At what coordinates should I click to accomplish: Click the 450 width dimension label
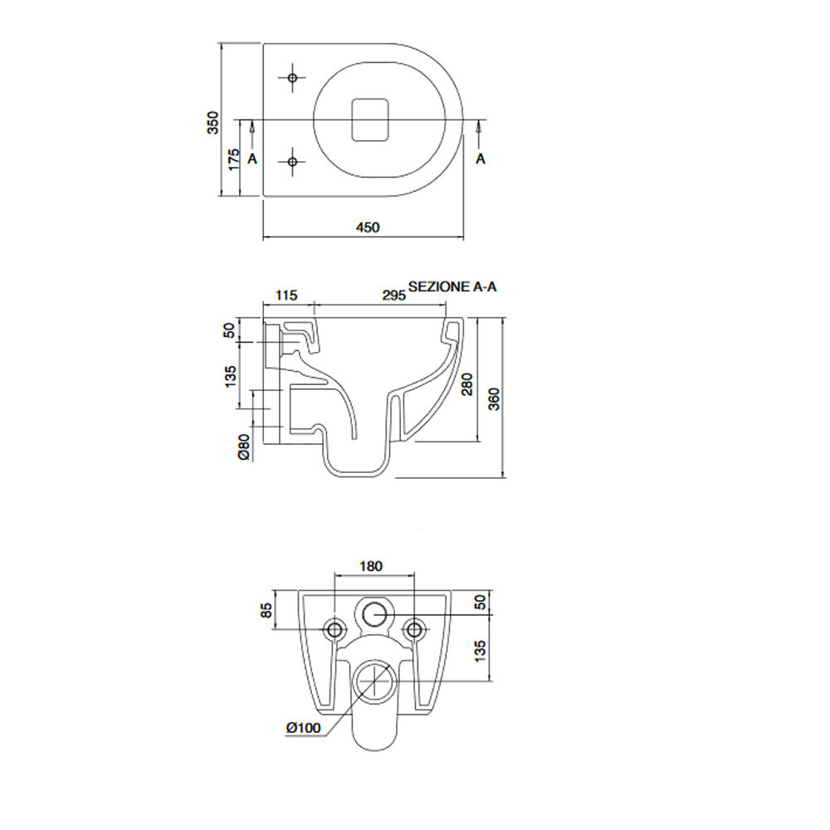point(368,227)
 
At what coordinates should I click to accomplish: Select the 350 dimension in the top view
point(212,122)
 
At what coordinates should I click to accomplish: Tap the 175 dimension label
point(233,160)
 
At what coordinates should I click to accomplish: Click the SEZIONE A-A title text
point(452,286)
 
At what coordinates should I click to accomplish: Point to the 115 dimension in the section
point(287,295)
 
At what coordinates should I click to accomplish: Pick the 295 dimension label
point(393,295)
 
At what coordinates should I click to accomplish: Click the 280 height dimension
point(467,383)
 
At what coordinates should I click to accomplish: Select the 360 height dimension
point(494,398)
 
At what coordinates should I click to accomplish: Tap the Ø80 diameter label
point(243,447)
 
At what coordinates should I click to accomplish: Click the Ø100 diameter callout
point(304,728)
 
